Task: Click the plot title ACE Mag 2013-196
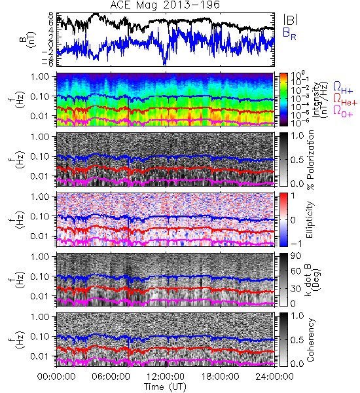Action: (165, 5)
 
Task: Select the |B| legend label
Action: (291, 19)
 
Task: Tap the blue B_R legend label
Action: (289, 33)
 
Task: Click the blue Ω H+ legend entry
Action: (343, 88)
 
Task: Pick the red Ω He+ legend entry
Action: (345, 100)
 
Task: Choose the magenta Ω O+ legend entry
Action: (343, 111)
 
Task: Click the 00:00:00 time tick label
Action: (56, 377)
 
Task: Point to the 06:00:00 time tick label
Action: (111, 377)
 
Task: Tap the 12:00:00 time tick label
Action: (166, 377)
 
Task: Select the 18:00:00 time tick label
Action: (220, 377)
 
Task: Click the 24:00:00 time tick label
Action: (274, 377)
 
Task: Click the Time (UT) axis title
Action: (165, 386)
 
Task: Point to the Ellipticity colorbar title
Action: (310, 220)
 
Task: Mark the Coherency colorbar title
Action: (310, 340)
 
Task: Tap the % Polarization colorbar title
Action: (310, 160)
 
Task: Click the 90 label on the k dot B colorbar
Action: (296, 256)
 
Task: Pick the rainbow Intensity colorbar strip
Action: (283, 100)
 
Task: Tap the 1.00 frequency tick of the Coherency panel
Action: (41, 316)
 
